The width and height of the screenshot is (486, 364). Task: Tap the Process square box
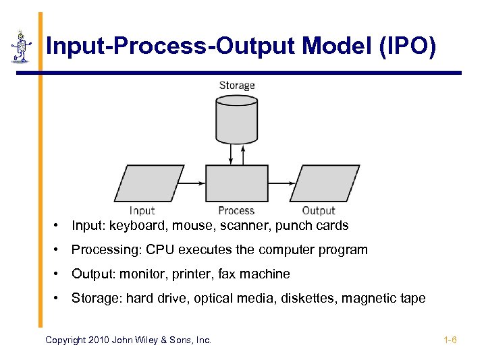[236, 183]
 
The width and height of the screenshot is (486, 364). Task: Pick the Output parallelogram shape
[325, 183]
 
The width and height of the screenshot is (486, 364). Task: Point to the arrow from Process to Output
[281, 183]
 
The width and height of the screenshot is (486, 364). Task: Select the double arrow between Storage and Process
[232, 154]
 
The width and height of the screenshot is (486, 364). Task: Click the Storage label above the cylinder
[237, 86]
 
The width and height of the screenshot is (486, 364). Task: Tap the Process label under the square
[236, 211]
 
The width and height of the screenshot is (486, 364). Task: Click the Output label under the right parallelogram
[318, 211]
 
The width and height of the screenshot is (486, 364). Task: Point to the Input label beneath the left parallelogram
[142, 211]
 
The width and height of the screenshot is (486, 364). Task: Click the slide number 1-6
[450, 340]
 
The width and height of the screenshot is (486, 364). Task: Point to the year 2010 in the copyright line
[98, 340]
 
